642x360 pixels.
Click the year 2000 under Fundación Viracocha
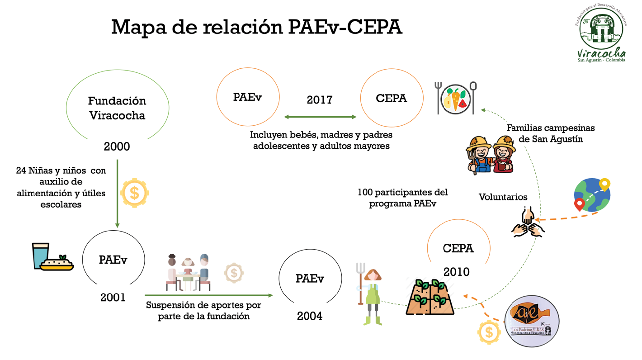[x=117, y=147]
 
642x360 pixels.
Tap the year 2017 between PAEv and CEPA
[x=320, y=99]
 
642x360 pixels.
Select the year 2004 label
[x=310, y=316]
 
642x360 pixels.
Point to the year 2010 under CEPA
[x=456, y=272]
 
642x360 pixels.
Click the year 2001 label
[x=113, y=298]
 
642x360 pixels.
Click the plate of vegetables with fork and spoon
[x=456, y=98]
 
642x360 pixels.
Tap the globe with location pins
[x=592, y=195]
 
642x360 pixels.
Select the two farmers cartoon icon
[x=491, y=155]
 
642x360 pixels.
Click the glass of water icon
[x=40, y=256]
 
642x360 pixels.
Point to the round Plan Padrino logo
[x=532, y=321]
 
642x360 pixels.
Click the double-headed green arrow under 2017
[x=320, y=117]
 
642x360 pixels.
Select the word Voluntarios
[x=503, y=197]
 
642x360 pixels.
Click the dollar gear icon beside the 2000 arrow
[x=134, y=193]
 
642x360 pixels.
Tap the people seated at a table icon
[x=188, y=272]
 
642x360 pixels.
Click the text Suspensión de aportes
[x=203, y=305]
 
